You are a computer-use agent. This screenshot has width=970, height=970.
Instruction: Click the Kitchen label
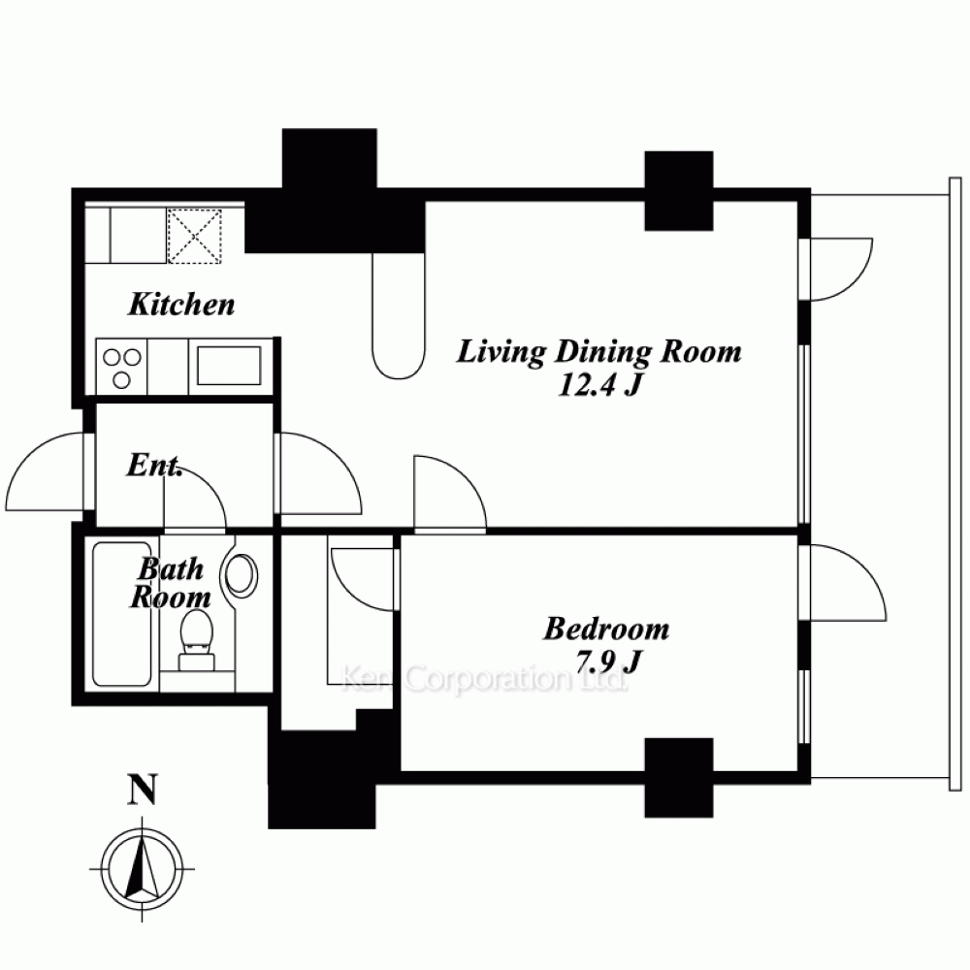pos(181,305)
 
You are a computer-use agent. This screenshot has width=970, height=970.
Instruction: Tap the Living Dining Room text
pos(598,351)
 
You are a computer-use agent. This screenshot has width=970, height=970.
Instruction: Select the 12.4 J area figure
pos(598,386)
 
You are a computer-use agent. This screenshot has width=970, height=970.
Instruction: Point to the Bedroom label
pos(606,629)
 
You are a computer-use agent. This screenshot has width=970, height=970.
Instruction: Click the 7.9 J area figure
pos(607,663)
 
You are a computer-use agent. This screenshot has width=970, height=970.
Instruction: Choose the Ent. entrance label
pos(154,466)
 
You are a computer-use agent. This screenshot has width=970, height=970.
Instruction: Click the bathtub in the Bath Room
pos(122,614)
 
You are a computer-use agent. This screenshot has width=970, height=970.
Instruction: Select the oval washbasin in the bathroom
pos(242,574)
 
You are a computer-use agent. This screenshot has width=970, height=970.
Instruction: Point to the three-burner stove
pos(122,367)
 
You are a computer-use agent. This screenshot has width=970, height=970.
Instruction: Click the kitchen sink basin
pos(229,366)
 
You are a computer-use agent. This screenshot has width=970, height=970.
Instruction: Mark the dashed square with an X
pos(194,237)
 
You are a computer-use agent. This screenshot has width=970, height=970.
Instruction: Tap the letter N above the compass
pos(142,790)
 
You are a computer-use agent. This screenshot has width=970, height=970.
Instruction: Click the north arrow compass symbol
pos(143,868)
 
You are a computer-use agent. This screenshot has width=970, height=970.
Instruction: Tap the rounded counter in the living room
pos(399,315)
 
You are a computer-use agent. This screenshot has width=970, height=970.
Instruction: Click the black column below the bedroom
pos(679,778)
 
